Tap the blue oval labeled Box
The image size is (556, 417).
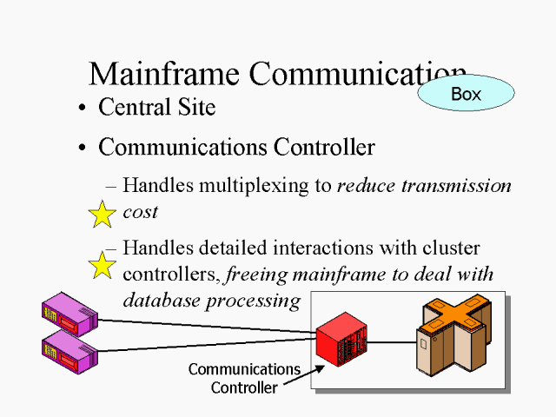(466, 94)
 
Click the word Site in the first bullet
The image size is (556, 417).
(196, 108)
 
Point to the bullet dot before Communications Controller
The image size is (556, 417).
(82, 149)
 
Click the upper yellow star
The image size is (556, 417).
(103, 214)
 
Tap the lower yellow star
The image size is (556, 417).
(103, 265)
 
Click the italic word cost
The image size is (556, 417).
(141, 211)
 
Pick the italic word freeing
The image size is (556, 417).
(257, 275)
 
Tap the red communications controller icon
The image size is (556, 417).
(341, 341)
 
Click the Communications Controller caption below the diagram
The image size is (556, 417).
(244, 379)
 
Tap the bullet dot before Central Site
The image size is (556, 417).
(82, 109)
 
